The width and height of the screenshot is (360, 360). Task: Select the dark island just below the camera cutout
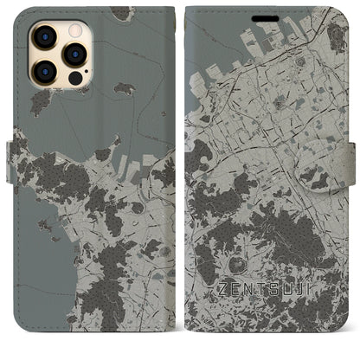coord(40,103)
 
